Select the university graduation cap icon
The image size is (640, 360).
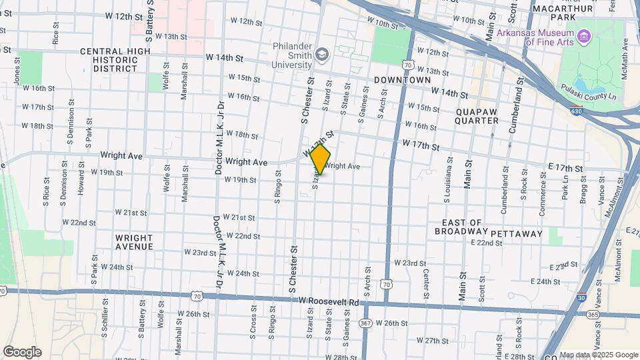[323, 53]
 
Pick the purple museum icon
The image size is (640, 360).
[585, 35]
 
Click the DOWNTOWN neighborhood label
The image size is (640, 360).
[402, 80]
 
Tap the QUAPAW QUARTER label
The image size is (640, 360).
[477, 116]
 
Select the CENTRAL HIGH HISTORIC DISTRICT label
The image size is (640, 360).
[110, 59]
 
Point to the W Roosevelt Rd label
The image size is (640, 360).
[329, 302]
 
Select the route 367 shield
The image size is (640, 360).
[365, 323]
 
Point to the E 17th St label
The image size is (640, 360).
[566, 169]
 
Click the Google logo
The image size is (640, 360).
[22, 352]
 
